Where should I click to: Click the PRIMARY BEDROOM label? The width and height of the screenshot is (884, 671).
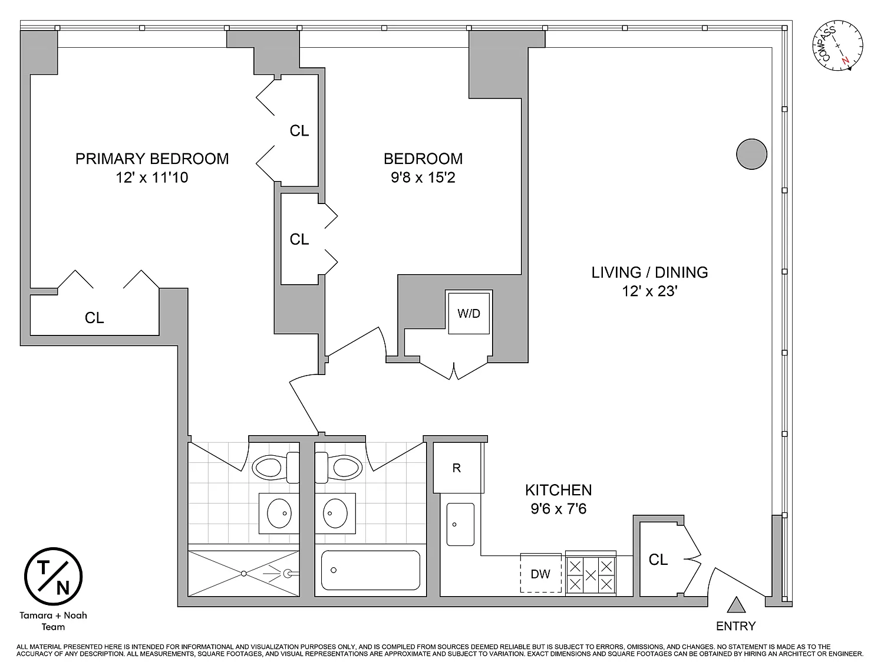click(152, 159)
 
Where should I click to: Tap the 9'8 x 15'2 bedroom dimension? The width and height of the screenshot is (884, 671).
click(423, 177)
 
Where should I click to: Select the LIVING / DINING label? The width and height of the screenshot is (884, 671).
click(649, 272)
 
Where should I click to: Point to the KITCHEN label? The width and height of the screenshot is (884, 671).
click(558, 490)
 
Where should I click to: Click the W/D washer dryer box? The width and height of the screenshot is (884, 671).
click(469, 313)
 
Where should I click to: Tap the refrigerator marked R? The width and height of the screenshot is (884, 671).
click(457, 468)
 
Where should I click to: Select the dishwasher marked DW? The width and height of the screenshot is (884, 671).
click(540, 574)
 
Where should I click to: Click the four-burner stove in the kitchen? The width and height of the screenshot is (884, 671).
click(591, 575)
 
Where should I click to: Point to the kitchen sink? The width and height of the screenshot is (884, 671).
click(460, 524)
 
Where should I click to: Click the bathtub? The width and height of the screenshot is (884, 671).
click(371, 570)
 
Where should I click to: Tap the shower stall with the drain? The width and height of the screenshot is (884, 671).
click(243, 573)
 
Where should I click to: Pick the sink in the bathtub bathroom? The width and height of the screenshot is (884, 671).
click(337, 513)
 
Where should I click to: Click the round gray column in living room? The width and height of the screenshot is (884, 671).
click(751, 154)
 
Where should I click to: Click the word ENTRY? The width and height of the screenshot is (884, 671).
click(735, 626)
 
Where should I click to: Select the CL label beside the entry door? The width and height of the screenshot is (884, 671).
click(658, 560)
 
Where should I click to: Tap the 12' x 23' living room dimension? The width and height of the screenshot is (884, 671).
click(649, 291)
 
